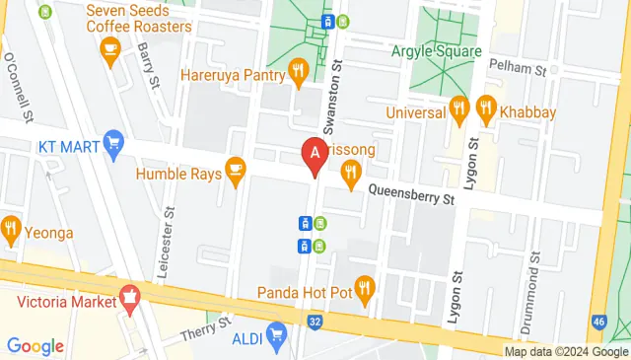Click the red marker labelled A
coord(315,155)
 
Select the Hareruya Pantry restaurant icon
coord(298,70)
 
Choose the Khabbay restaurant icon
coord(485,107)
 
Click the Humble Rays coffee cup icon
coord(235,170)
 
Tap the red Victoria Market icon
coord(128,295)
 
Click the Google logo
coord(35,346)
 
